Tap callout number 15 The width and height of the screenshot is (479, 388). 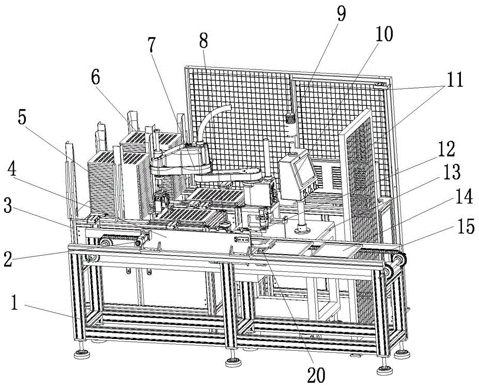[466, 227]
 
